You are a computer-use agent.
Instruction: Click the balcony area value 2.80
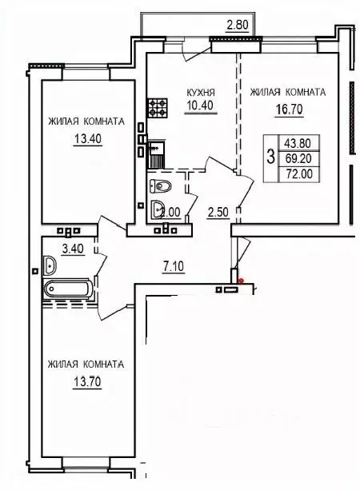click(238, 25)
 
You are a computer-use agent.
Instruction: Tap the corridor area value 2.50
click(218, 212)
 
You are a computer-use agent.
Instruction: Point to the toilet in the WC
click(161, 186)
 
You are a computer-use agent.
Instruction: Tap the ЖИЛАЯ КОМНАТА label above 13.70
click(85, 364)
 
